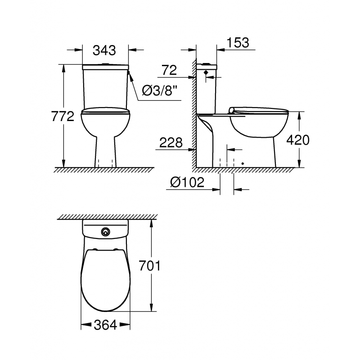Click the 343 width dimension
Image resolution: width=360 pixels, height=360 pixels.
tap(104, 50)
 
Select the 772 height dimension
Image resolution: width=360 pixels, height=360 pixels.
tap(63, 117)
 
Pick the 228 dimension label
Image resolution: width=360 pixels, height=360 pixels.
tap(171, 143)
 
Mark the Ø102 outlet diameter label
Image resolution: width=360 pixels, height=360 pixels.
tap(188, 182)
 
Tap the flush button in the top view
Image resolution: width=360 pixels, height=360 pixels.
tap(106, 232)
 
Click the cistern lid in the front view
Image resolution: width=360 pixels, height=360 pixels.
tap(105, 67)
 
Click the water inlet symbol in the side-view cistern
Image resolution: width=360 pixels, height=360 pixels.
tap(206, 72)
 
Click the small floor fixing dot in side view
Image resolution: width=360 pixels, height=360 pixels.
tap(243, 163)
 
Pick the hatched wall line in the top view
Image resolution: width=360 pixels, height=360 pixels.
tap(107, 217)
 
